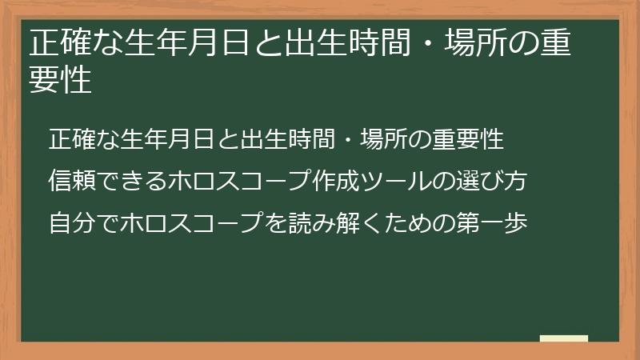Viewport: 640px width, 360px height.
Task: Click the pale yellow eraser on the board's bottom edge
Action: pos(564,338)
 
